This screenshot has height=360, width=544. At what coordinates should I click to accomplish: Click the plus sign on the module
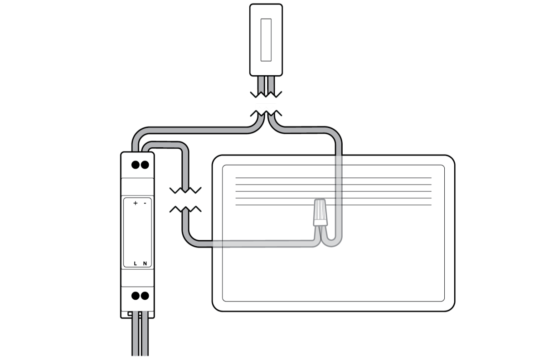pos(135,204)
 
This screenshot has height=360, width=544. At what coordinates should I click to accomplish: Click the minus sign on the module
pos(145,204)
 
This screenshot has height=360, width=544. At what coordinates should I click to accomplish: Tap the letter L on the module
pos(135,263)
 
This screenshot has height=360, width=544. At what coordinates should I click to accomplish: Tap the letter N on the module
pos(145,263)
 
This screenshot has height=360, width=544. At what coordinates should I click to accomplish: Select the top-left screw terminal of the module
pos(135,165)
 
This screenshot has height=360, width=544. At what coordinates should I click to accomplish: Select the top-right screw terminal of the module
pos(145,165)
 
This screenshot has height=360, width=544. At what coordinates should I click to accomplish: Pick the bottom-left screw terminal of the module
pos(135,296)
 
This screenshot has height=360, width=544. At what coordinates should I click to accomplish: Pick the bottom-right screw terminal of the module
pos(145,296)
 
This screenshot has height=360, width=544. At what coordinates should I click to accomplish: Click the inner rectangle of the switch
pos(266,40)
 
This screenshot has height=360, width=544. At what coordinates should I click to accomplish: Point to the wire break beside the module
pos(185,199)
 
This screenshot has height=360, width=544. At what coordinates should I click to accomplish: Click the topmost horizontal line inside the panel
pos(333,178)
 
